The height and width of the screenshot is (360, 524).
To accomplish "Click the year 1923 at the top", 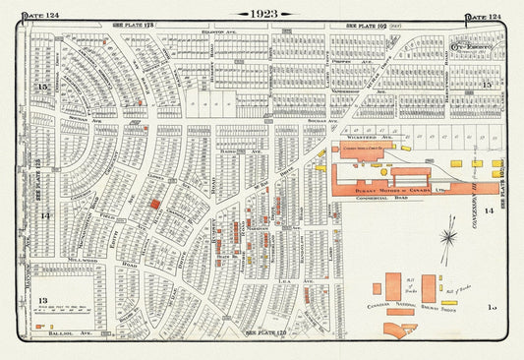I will [262, 15].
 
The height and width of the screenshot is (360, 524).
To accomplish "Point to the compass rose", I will [448, 238].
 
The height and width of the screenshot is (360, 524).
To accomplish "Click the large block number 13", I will [41, 301].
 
